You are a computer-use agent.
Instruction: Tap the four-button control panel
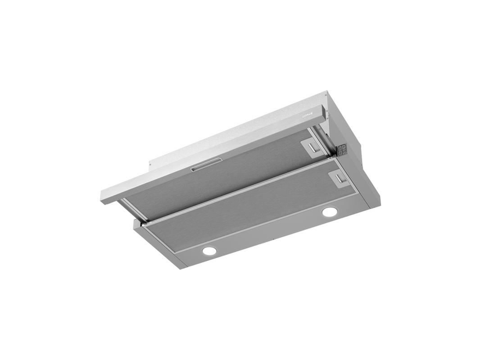coord(342,149)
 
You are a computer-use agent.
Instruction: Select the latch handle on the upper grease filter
coord(310,146)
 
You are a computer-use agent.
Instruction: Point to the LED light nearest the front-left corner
coord(209,251)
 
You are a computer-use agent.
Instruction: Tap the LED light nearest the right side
coord(329,211)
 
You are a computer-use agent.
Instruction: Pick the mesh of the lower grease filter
coord(252,211)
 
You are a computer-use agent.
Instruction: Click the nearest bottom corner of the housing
coord(180,265)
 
